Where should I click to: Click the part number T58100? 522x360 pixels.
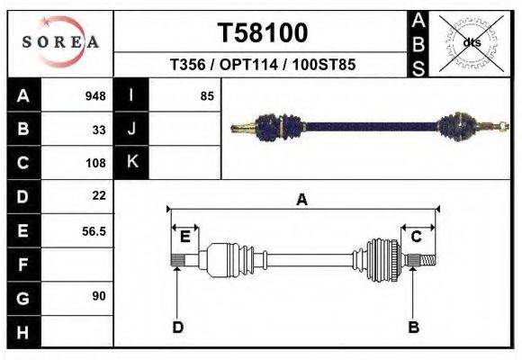click(x=263, y=33)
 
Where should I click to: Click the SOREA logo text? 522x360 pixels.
click(x=60, y=42)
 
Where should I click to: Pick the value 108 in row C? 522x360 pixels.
click(x=95, y=164)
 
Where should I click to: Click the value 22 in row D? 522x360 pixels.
click(x=99, y=195)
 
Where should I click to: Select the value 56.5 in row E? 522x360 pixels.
click(x=94, y=231)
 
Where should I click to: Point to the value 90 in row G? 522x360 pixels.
click(x=99, y=295)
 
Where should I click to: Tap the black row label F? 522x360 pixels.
click(x=23, y=265)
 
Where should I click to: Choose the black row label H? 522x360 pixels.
click(x=23, y=332)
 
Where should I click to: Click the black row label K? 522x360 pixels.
click(x=131, y=162)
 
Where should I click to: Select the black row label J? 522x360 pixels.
click(x=131, y=129)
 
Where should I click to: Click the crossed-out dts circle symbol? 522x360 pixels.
click(x=472, y=42)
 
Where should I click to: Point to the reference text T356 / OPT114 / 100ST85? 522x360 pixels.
click(x=263, y=66)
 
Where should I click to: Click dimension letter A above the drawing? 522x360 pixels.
click(x=302, y=201)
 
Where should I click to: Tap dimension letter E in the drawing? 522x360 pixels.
click(x=184, y=237)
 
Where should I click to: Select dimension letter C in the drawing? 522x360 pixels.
click(x=417, y=237)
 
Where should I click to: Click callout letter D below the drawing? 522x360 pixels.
click(x=177, y=327)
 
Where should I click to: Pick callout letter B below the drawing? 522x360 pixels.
click(x=414, y=327)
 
